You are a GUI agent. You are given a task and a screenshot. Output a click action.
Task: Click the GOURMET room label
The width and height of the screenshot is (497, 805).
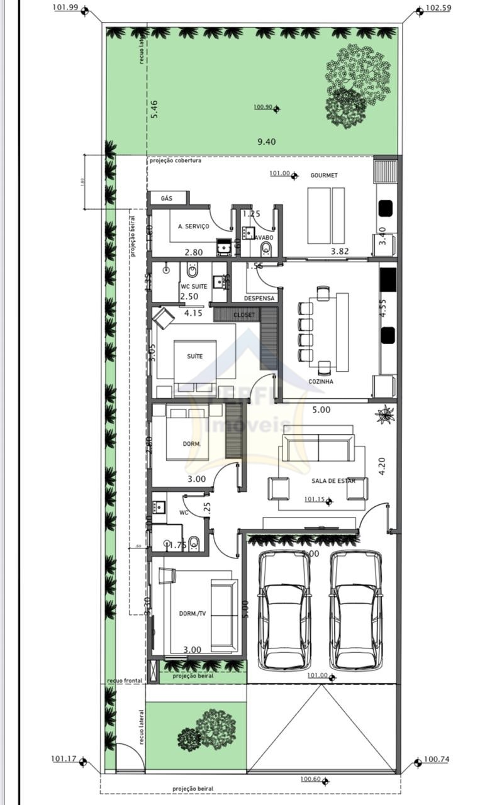pyautogui.click(x=324, y=175)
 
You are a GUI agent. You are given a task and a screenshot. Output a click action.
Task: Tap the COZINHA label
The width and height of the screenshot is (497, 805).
pyautogui.click(x=321, y=382)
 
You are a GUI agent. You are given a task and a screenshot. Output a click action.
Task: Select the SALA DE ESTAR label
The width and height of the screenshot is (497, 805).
pyautogui.click(x=333, y=481)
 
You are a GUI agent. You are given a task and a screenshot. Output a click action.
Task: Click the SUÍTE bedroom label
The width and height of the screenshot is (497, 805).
pyautogui.click(x=195, y=357)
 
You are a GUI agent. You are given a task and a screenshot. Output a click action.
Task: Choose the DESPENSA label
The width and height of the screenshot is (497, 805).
pyautogui.click(x=256, y=298)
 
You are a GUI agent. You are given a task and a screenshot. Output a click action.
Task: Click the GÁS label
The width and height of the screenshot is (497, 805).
pyautogui.click(x=167, y=198)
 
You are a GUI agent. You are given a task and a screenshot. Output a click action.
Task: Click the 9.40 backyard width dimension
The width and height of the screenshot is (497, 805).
pyautogui.click(x=267, y=142)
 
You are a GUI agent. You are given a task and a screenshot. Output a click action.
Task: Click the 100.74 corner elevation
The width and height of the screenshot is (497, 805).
pyautogui.click(x=437, y=759)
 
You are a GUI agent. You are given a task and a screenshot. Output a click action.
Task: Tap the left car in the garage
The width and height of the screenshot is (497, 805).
pyautogui.click(x=285, y=610)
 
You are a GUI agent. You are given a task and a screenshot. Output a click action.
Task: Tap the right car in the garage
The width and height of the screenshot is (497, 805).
pyautogui.click(x=356, y=610)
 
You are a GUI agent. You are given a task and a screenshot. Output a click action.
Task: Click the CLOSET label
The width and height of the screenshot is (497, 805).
pyautogui.click(x=244, y=314)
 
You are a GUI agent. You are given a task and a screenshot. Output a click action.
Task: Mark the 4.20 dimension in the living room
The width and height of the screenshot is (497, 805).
pyautogui.click(x=382, y=466)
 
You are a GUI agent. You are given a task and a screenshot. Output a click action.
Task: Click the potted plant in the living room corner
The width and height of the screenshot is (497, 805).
pyautogui.click(x=384, y=415)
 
